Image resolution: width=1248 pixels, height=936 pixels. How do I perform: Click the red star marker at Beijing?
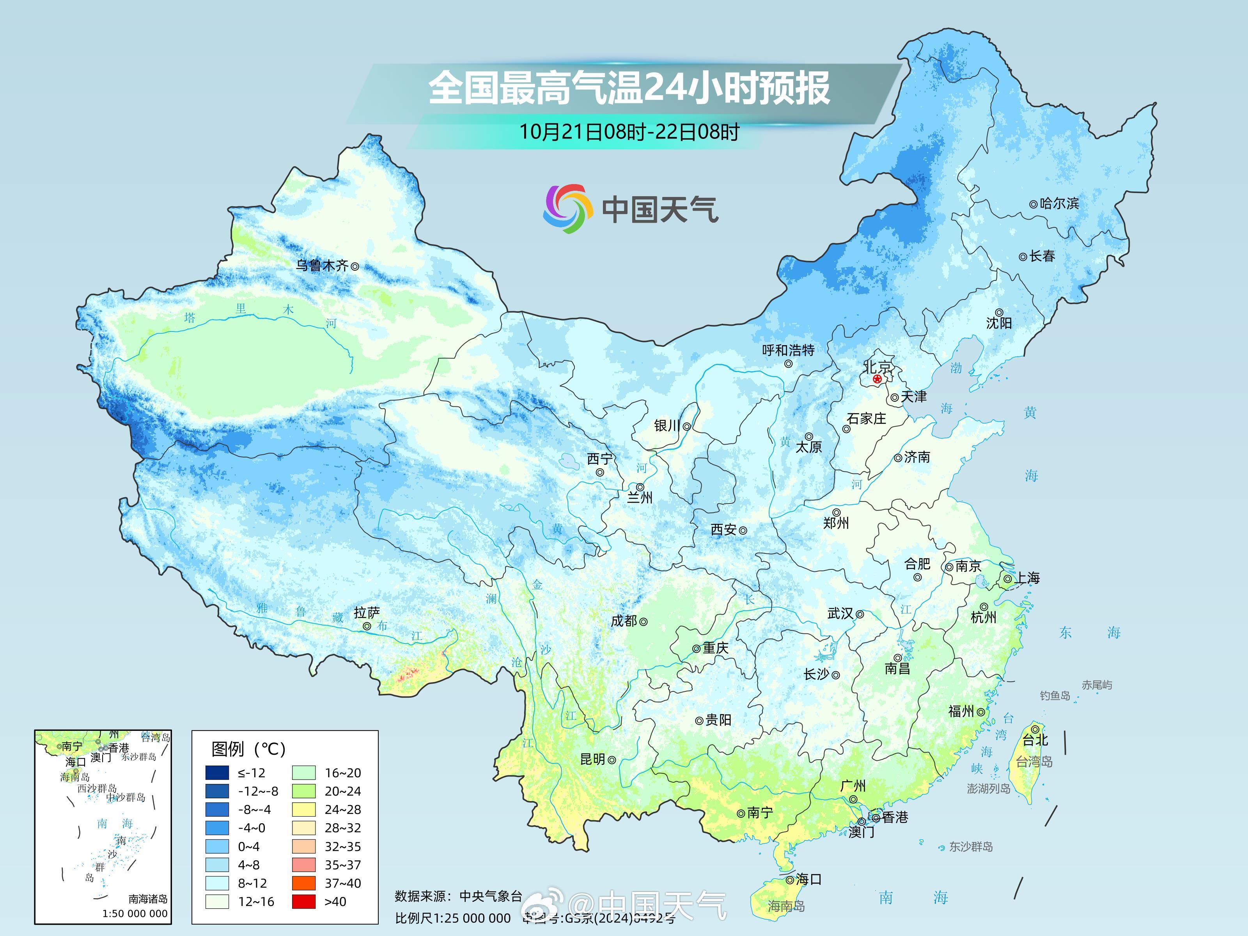(877, 379)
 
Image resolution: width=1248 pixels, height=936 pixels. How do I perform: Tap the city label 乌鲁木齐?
(322, 265)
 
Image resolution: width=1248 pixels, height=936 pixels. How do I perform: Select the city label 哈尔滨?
(1059, 203)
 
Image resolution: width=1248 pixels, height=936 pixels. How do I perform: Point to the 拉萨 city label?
(367, 612)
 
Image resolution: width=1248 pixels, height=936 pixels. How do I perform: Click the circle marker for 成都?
(643, 622)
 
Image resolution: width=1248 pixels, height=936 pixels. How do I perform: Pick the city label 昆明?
(592, 759)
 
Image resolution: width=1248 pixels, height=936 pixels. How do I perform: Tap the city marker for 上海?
(1008, 579)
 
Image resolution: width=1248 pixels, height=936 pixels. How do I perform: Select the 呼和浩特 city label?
(788, 350)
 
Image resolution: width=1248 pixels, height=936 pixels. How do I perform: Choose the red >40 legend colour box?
(303, 902)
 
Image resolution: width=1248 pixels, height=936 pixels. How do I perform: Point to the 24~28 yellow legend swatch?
(303, 810)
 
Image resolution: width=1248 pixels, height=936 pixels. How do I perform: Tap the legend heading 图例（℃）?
(248, 749)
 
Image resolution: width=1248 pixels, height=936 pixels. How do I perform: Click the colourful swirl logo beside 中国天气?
(567, 209)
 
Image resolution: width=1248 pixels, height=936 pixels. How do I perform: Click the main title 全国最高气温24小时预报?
(629, 88)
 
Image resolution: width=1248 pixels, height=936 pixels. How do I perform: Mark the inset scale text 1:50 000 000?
(135, 913)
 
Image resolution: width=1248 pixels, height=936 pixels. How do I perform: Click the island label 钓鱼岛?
(1055, 696)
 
